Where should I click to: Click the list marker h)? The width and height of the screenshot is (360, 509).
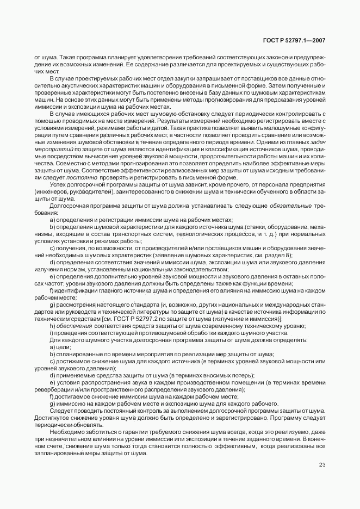coord(52,326)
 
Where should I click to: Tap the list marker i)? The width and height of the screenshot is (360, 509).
coord(52,333)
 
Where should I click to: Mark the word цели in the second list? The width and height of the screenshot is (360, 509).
coord(64,347)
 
